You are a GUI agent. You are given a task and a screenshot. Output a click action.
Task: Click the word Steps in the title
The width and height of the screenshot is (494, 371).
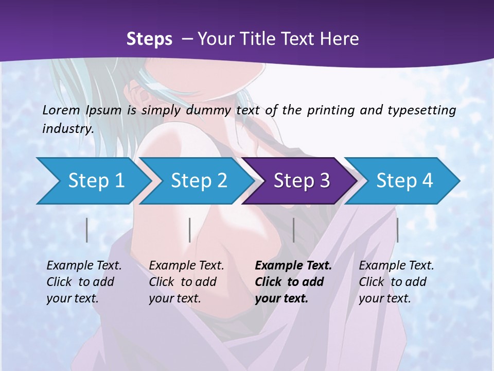click(x=149, y=39)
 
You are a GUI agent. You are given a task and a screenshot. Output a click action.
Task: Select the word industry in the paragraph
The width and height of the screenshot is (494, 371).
click(x=67, y=128)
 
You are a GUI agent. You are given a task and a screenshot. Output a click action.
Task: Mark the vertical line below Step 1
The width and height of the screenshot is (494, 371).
click(x=87, y=230)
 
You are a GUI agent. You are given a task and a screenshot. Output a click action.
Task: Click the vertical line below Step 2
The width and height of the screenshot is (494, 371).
click(x=190, y=230)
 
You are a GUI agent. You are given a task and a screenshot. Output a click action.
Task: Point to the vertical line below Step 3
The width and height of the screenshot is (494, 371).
click(x=293, y=230)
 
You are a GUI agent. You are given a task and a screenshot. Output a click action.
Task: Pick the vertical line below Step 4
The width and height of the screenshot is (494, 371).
click(x=397, y=230)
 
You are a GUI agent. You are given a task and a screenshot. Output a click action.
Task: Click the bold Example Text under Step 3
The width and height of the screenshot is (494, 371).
click(x=293, y=266)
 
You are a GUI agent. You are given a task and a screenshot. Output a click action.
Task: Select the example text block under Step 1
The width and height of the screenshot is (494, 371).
click(x=84, y=282)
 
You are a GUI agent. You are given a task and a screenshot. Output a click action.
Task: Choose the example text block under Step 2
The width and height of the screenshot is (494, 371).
click(x=186, y=282)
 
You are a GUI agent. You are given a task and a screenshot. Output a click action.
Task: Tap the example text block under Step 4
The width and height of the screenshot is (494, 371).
click(x=396, y=282)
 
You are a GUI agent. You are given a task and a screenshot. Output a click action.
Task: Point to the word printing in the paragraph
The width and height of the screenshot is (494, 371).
click(x=329, y=110)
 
